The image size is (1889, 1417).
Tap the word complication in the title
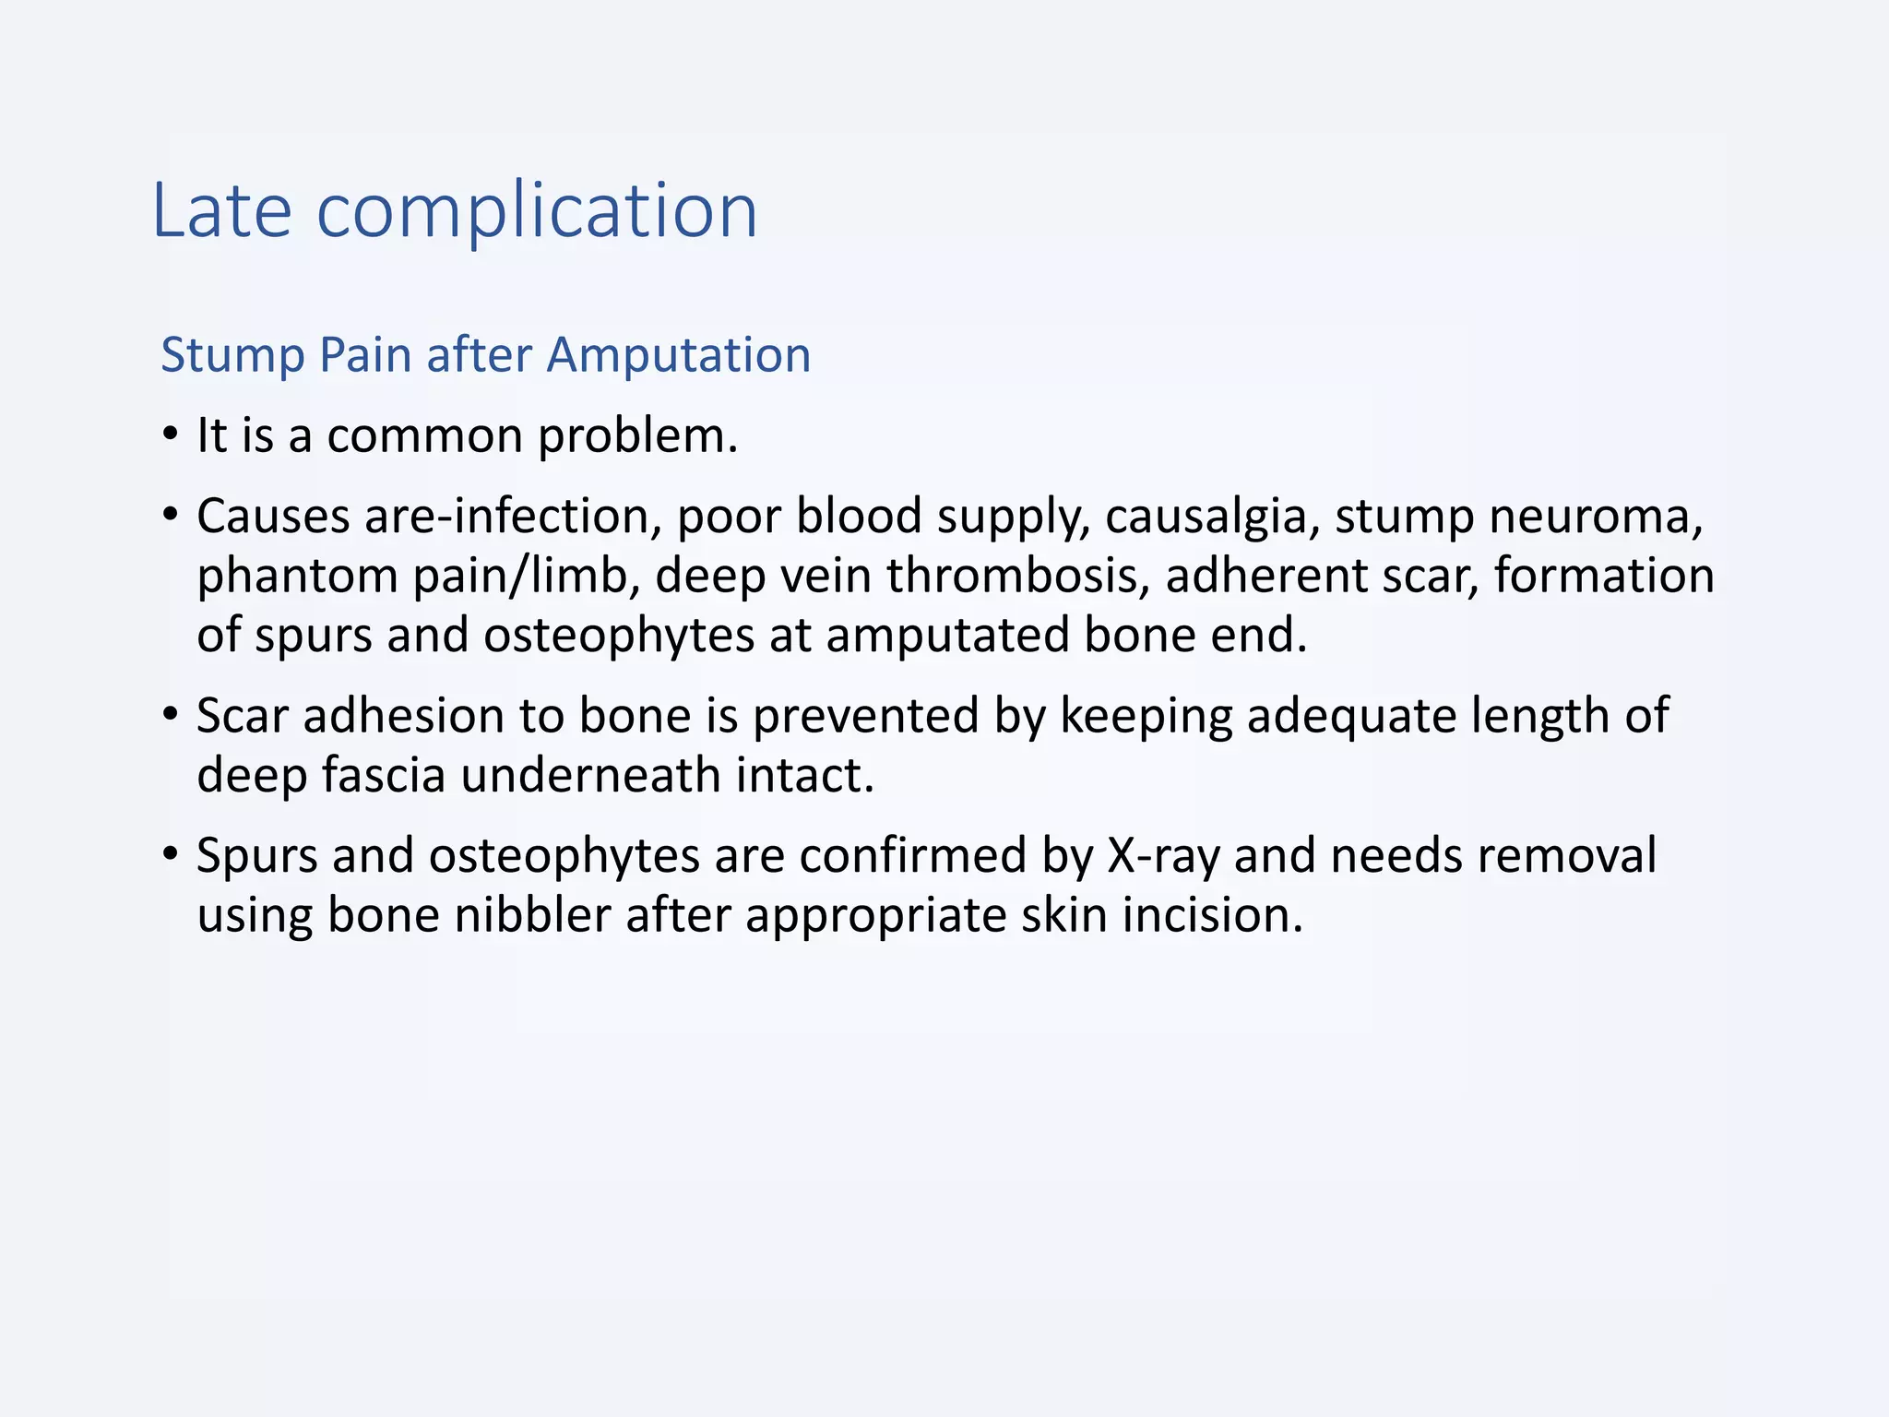537,212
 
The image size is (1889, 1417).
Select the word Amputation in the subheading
678,354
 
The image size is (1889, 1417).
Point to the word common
425,435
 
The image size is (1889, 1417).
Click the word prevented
865,716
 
